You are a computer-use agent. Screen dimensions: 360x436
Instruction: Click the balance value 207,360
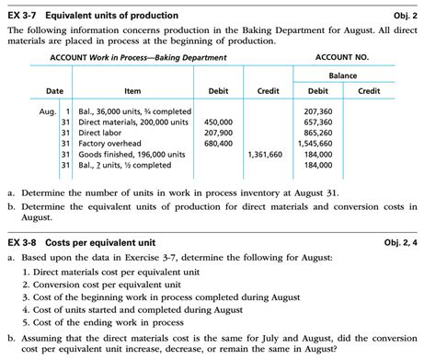pos(318,110)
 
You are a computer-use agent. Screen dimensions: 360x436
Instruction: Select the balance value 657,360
pos(318,122)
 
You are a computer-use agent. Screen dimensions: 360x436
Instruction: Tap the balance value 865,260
pos(318,133)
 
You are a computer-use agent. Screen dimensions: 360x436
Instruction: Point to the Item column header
pos(132,91)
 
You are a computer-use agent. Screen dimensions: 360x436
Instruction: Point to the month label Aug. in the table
pos(48,110)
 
